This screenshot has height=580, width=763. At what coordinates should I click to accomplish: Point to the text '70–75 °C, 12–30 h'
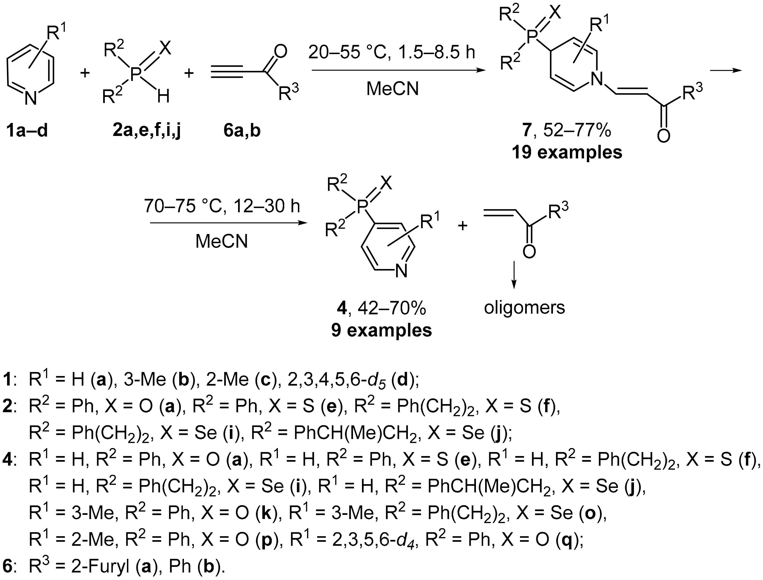[x=222, y=207]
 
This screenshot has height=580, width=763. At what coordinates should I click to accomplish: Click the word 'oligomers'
[x=524, y=308]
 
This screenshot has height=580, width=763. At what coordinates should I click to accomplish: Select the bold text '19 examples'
[x=567, y=152]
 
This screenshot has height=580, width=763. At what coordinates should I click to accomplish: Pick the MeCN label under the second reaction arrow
[x=222, y=241]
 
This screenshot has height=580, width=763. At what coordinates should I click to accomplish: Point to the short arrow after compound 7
[x=726, y=70]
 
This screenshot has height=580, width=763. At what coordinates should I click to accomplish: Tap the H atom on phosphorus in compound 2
[x=163, y=97]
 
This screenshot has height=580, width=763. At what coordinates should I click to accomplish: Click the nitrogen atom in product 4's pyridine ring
[x=401, y=271]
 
